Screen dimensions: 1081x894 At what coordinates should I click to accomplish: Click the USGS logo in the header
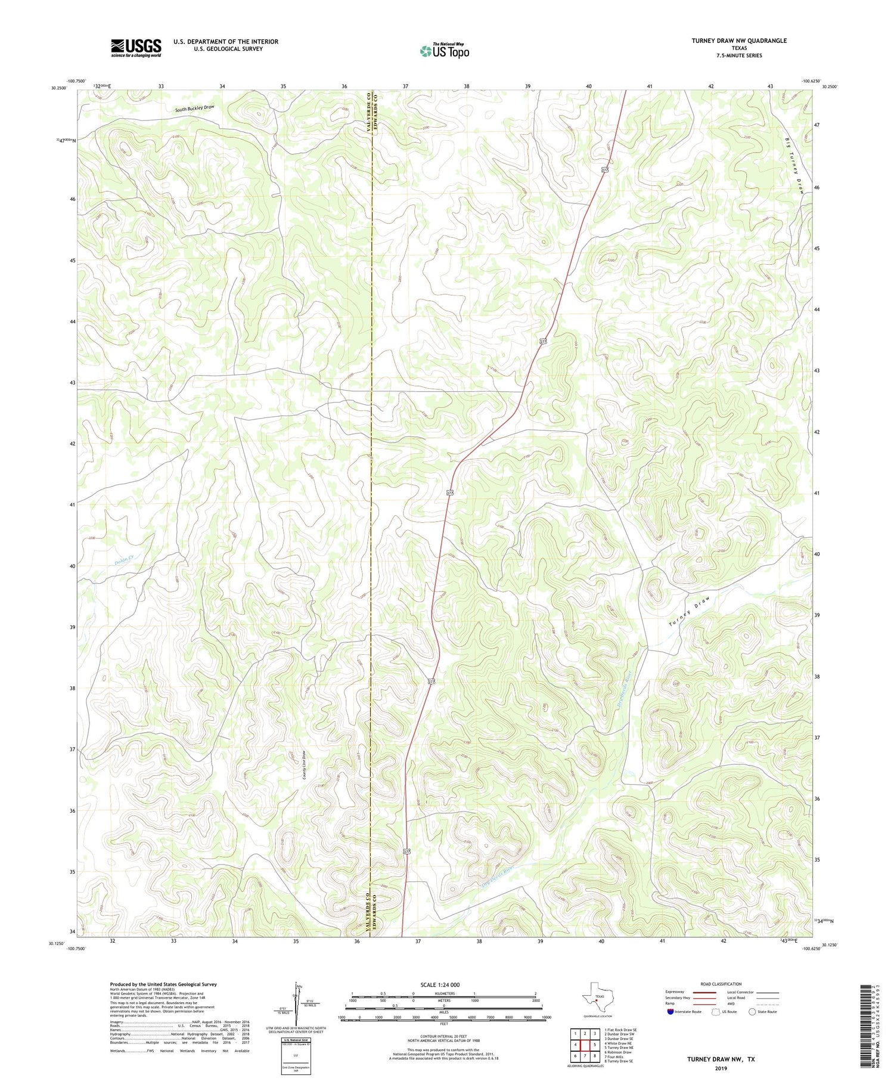[136, 48]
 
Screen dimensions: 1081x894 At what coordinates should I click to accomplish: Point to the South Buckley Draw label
[194, 109]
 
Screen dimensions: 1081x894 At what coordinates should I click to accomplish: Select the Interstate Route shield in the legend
[670, 1012]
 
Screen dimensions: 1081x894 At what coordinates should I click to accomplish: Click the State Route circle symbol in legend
[753, 1012]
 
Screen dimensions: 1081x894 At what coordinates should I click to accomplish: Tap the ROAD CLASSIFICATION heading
[721, 984]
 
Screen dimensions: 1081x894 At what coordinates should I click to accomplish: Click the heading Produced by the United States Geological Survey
[163, 984]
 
